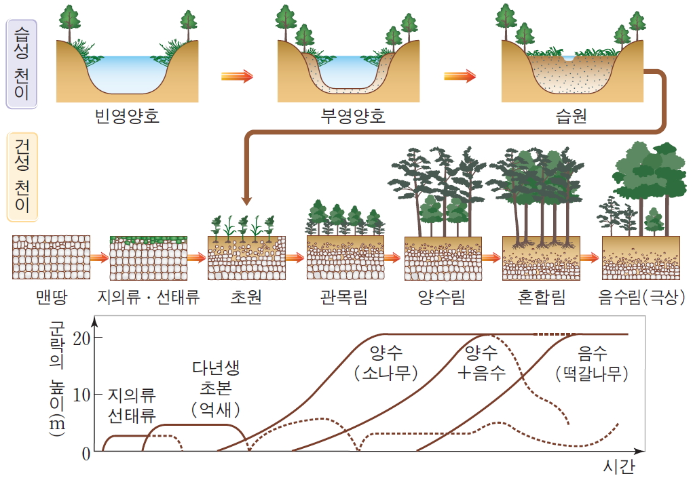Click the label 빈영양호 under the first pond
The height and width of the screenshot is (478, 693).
pos(127,117)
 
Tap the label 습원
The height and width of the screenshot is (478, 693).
pos(571,117)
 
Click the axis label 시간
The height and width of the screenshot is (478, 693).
pos(618,467)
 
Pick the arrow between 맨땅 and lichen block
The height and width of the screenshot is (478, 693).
pos(99,258)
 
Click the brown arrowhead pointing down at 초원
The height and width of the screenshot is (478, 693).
pos(246,200)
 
